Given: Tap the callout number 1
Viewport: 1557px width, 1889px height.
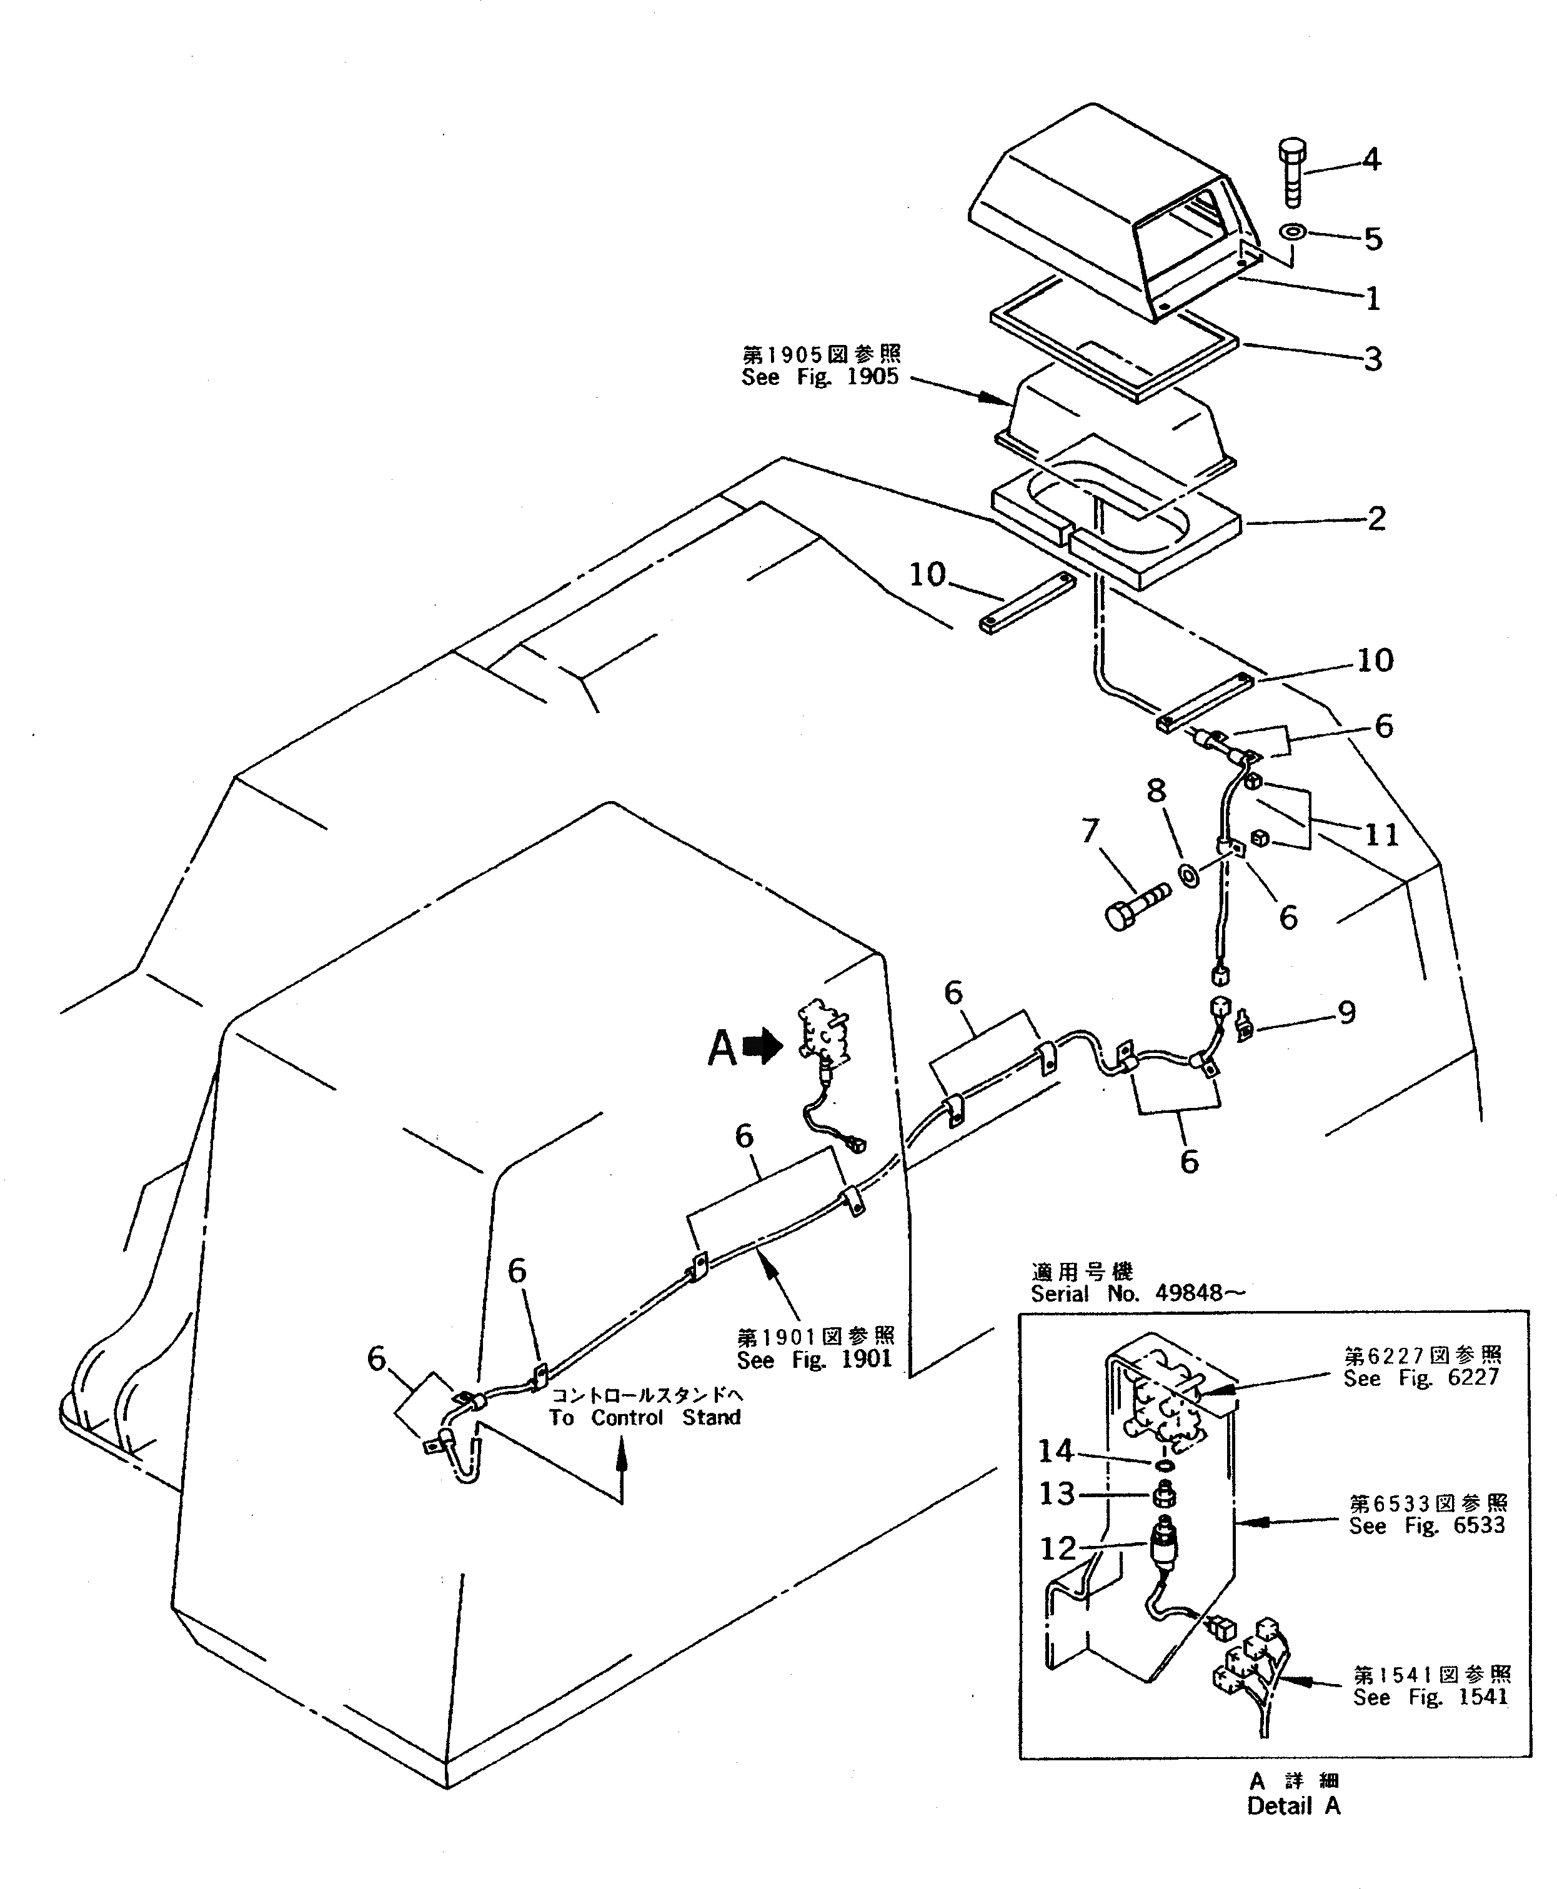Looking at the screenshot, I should tap(1372, 298).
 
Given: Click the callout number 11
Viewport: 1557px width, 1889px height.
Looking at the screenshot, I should tap(1381, 835).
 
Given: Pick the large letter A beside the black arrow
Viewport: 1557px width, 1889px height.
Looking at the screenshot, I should tap(722, 1047).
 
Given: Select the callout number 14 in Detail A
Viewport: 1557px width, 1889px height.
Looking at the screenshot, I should tap(1056, 1450).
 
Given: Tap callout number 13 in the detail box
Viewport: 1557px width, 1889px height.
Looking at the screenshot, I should tap(1057, 1493).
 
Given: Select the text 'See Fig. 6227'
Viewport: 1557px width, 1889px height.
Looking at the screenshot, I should tap(1421, 1378).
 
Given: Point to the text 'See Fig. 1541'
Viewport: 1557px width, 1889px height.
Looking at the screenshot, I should tap(1431, 1697).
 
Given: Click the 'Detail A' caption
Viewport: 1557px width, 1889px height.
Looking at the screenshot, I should tap(1293, 1807).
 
